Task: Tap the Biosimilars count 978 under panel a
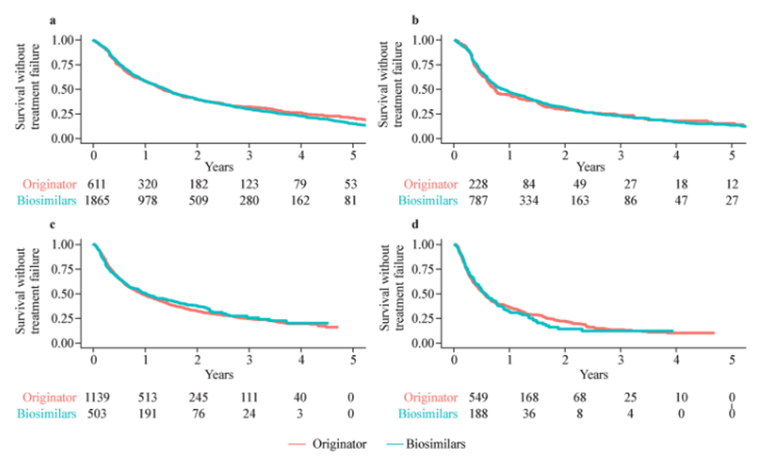(145, 199)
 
